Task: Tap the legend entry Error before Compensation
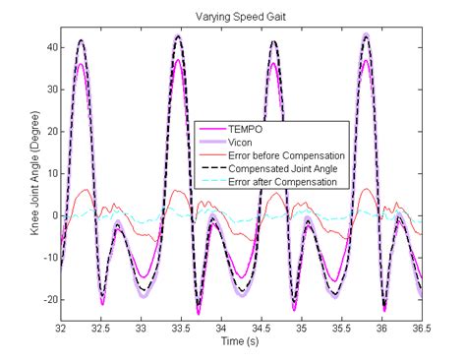(x=286, y=156)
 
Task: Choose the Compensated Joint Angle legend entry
(x=284, y=169)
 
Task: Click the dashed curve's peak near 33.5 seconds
(x=178, y=37)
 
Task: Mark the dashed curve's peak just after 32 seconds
(x=81, y=41)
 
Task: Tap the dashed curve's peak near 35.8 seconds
(x=367, y=36)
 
